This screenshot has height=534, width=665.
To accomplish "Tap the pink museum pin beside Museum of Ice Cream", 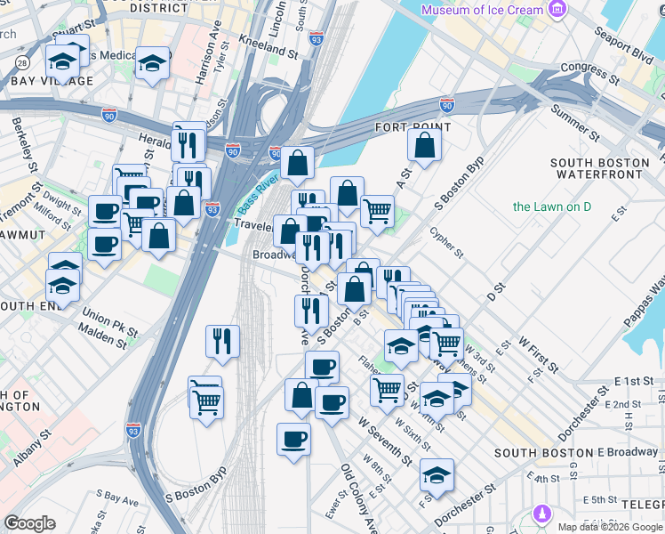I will [x=557, y=10].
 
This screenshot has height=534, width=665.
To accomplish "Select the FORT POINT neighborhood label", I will [x=413, y=127].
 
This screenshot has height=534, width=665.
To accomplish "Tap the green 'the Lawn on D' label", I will [x=557, y=207].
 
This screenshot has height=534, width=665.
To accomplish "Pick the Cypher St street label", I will [x=446, y=241].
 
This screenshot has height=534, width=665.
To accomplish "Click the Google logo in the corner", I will [x=29, y=523].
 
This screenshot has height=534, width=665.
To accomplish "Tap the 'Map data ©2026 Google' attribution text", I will [x=610, y=526].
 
